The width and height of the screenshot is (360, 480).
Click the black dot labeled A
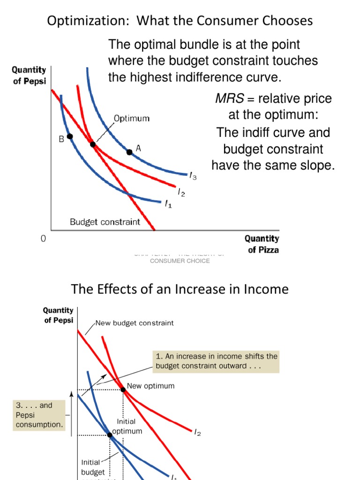pos(129,152)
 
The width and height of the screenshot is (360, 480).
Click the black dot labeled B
pos(70,136)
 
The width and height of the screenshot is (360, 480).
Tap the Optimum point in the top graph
pos(93,144)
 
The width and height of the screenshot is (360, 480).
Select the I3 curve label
pos(193,176)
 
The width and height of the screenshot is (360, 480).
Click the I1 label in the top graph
pos(167,204)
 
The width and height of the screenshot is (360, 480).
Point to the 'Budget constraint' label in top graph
pos(105,222)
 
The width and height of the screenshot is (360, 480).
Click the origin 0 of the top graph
pos(43,239)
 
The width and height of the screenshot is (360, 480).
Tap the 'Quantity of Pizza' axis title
pos(261,244)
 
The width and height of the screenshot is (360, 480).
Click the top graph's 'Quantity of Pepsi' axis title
pos(29,75)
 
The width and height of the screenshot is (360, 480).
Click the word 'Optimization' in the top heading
pos(80,21)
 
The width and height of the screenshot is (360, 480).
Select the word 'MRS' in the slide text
pos(227,99)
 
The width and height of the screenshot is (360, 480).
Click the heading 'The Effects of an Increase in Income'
pos(180,289)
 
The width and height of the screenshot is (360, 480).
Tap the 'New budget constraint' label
pos(135,323)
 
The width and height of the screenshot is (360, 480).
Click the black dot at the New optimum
pos(123,390)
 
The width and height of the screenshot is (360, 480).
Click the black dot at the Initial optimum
pos(110,435)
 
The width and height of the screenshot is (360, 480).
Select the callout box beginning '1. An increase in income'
pos(216,361)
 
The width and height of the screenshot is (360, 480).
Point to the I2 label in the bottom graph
pos(197,433)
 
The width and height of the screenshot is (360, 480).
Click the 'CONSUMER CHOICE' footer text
pos(180,261)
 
